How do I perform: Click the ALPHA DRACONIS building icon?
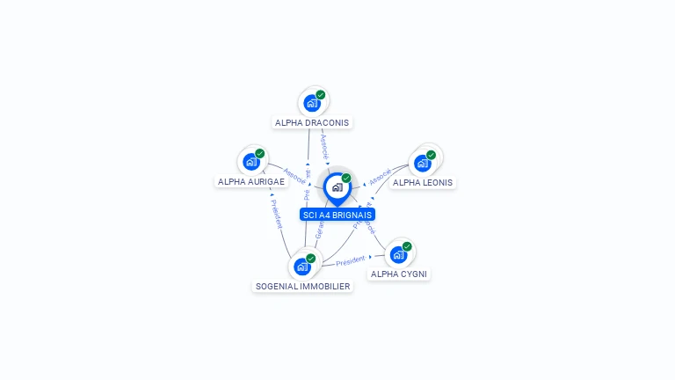(x=311, y=103)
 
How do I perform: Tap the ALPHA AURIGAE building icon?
(x=251, y=162)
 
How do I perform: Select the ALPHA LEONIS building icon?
(x=423, y=163)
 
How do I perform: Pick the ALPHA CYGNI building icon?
(x=399, y=255)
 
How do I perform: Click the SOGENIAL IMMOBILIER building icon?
(x=303, y=266)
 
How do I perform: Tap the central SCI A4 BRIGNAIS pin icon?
(x=337, y=187)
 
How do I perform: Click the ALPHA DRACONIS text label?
(x=312, y=123)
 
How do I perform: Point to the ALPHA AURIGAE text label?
(x=251, y=182)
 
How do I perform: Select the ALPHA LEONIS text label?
(x=423, y=183)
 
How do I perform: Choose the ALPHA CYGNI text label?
(x=399, y=274)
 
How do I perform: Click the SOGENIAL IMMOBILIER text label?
(x=302, y=287)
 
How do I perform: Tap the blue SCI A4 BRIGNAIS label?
(x=337, y=215)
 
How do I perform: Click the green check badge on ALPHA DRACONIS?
(x=321, y=95)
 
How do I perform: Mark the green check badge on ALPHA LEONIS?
(x=432, y=155)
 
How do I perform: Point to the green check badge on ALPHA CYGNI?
(x=407, y=247)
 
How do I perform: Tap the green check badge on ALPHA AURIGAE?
(x=260, y=154)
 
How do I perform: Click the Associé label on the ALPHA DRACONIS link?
(x=324, y=145)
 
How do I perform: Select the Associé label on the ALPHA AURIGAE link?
(x=294, y=176)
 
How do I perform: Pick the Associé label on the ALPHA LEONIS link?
(x=380, y=177)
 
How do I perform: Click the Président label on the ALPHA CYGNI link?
(x=350, y=261)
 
